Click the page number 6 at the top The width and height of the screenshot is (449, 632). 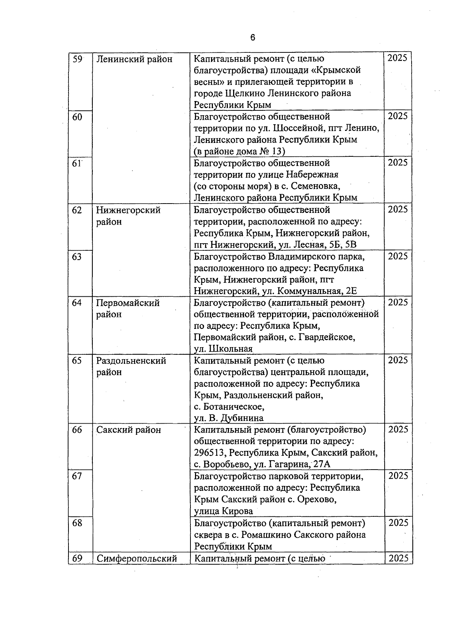point(253,37)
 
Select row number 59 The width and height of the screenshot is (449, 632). point(77,59)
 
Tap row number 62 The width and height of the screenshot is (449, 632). point(77,210)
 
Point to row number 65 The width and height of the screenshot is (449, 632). point(77,361)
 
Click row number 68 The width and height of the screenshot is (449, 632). point(77,523)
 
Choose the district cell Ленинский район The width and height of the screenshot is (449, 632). point(134,59)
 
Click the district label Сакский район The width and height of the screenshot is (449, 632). point(129,430)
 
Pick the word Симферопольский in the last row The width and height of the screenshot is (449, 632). point(137,559)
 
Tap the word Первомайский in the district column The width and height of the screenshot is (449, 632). point(128,303)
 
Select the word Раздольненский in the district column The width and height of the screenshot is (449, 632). point(131,361)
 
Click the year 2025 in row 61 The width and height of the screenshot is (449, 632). point(398,162)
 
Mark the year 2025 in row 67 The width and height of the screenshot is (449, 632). point(398,476)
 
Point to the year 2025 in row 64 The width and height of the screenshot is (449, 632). point(398,302)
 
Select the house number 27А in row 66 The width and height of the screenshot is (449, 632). point(322,465)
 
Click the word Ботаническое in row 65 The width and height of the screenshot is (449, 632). point(233,407)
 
